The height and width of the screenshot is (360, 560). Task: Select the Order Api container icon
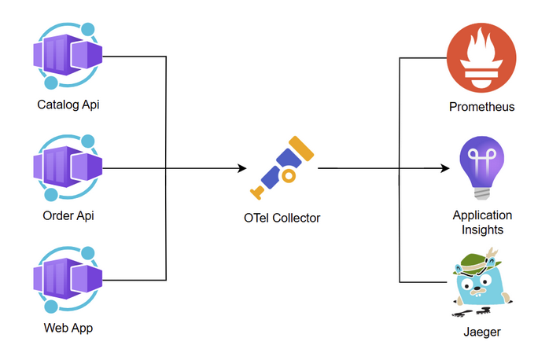(68, 167)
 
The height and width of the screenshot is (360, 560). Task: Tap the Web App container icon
(68, 279)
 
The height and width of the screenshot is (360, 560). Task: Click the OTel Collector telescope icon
(282, 169)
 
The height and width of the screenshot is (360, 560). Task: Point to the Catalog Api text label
(68, 104)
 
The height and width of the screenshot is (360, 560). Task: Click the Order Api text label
(68, 216)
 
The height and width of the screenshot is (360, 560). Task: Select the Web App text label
(68, 328)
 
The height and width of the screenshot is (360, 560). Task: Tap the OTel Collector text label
(282, 218)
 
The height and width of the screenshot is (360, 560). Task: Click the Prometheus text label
(481, 106)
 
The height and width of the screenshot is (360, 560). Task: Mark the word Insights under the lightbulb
(482, 230)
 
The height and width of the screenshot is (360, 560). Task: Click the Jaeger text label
(481, 332)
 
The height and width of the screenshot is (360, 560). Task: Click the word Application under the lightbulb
(482, 215)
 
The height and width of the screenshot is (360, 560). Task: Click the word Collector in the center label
(297, 218)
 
